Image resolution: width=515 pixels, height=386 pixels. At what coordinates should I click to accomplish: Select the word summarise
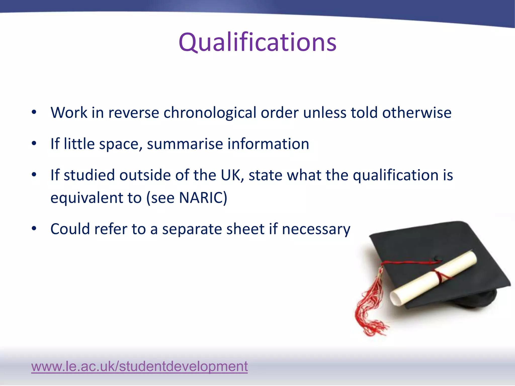click(185, 144)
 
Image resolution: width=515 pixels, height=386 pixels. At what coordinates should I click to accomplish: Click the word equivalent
click(87, 198)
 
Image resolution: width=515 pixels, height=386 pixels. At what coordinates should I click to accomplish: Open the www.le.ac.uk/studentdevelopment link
click(139, 366)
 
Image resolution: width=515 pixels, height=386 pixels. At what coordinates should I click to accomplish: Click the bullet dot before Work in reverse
click(34, 112)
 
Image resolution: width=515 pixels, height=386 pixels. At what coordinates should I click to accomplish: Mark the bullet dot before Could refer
click(34, 229)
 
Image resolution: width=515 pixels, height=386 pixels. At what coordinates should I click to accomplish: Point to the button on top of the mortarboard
click(438, 258)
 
